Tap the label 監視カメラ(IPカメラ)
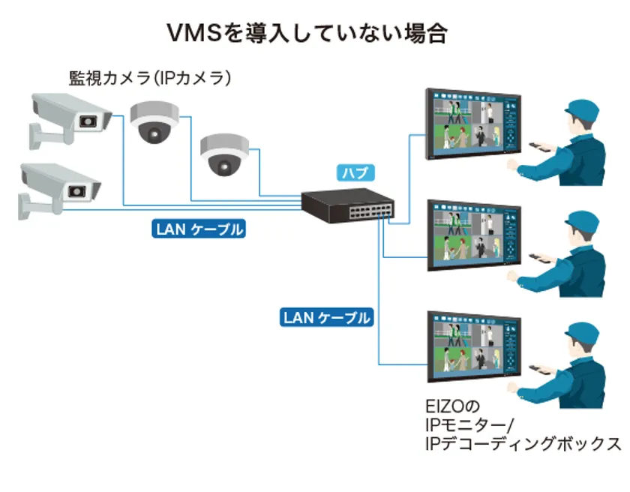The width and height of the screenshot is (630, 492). pos(149,78)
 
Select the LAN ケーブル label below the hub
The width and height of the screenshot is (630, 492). pos(327,317)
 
